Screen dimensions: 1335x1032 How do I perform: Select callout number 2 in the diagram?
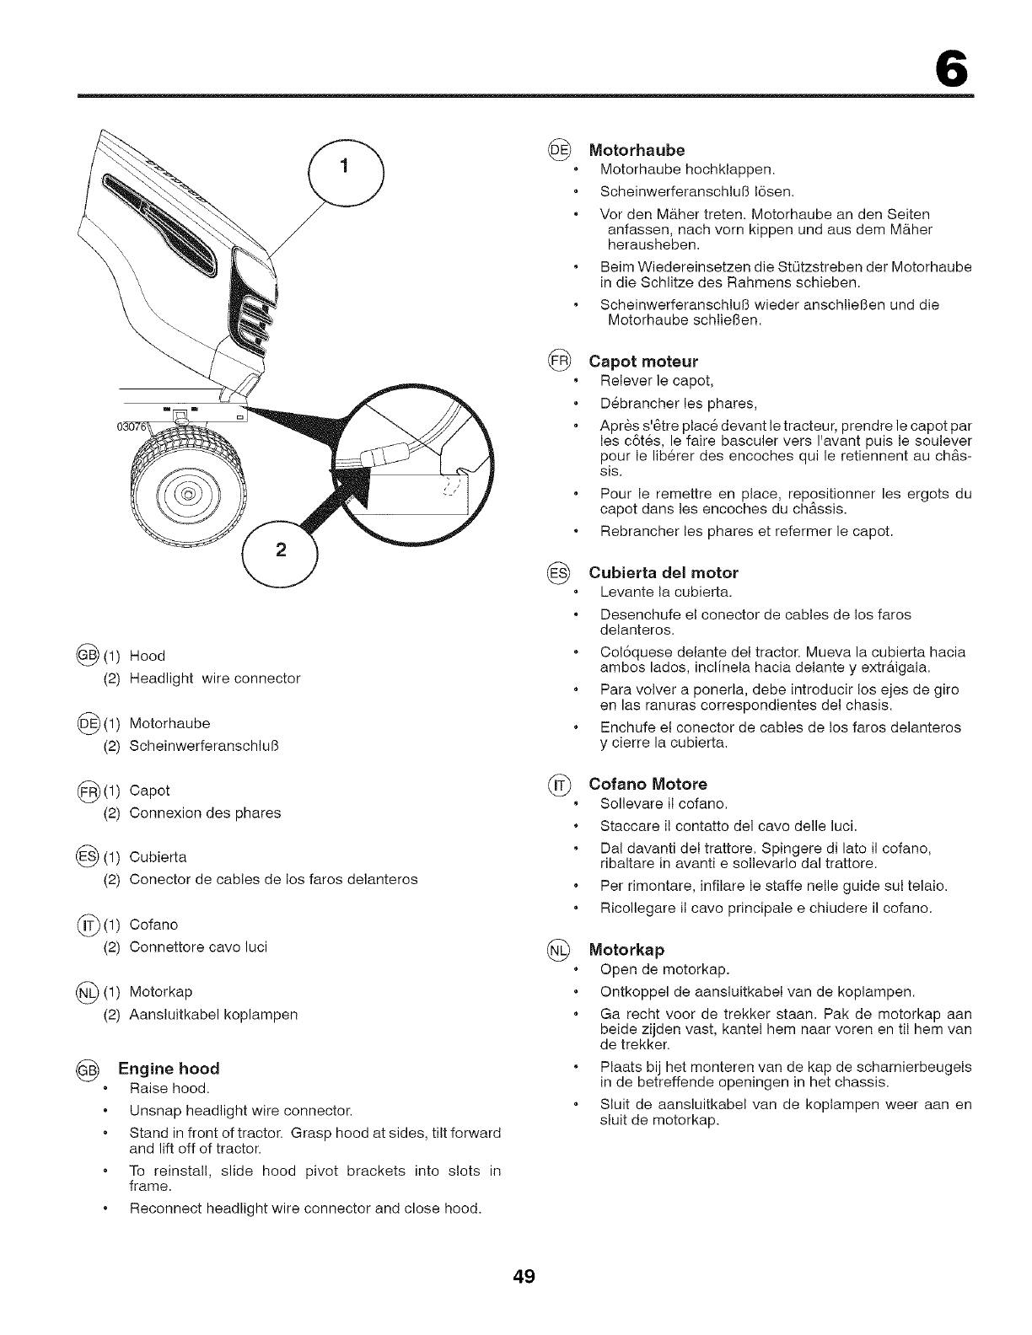pyautogui.click(x=280, y=551)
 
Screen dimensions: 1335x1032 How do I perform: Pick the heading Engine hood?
pyautogui.click(x=169, y=1069)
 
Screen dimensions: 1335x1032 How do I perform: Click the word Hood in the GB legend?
pyautogui.click(x=148, y=656)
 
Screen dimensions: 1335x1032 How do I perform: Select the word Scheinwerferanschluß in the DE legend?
pyautogui.click(x=204, y=746)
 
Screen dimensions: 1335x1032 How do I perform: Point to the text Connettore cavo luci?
pyautogui.click(x=198, y=946)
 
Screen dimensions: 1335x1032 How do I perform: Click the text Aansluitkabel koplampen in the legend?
pyautogui.click(x=213, y=1014)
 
